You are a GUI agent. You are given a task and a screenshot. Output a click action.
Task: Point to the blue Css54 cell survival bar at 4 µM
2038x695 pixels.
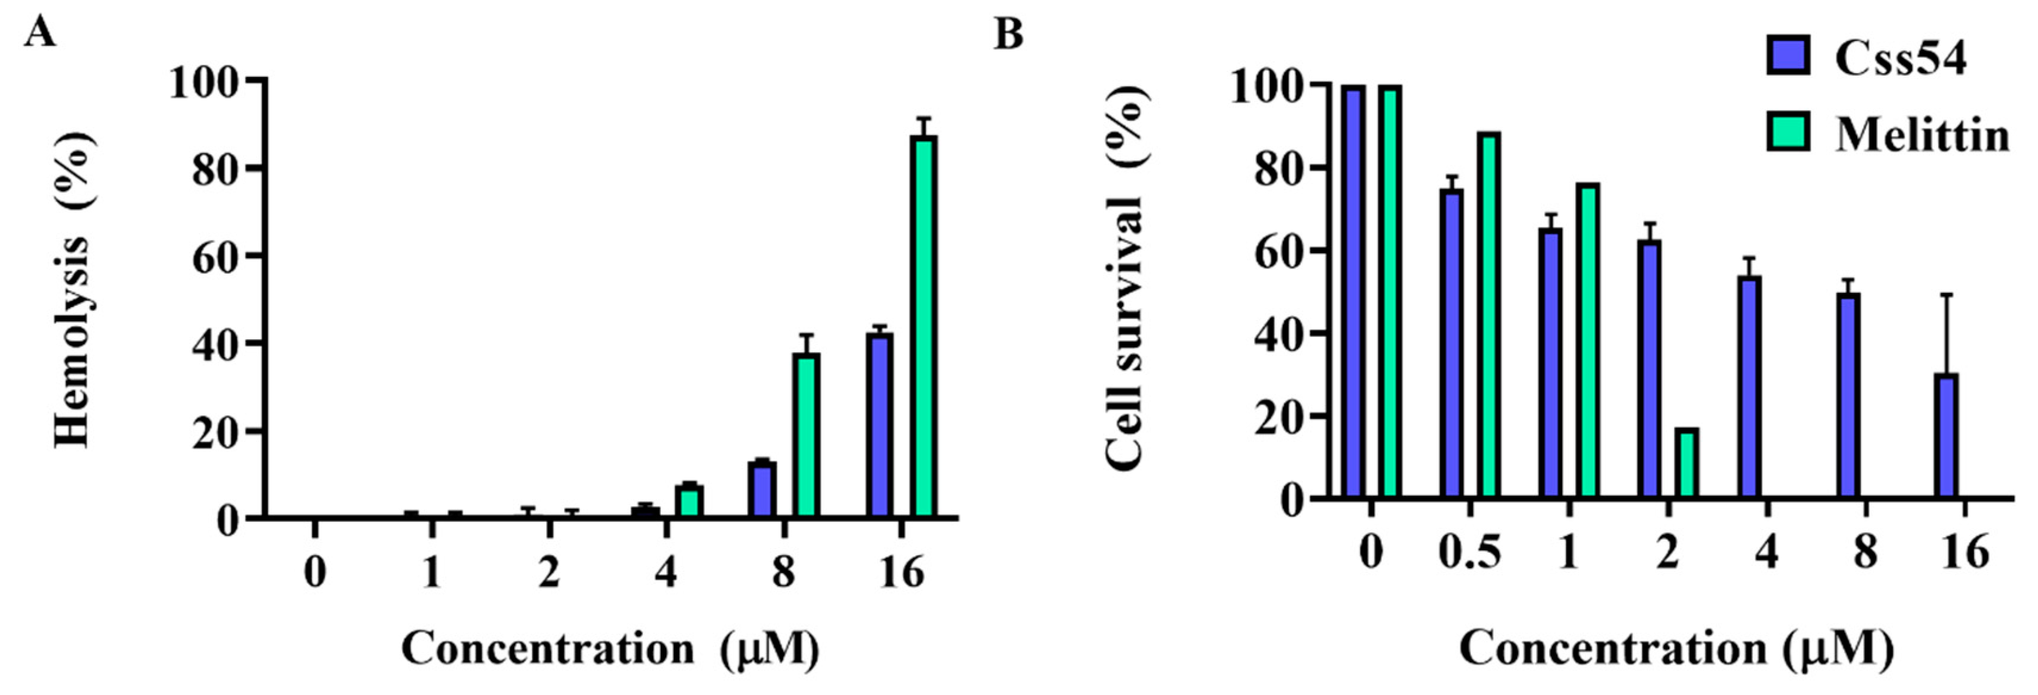pos(1748,387)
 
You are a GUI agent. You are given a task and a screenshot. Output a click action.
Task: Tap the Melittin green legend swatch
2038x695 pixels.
pos(1787,132)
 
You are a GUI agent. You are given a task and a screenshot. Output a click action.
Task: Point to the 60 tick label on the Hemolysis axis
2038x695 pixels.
pos(215,256)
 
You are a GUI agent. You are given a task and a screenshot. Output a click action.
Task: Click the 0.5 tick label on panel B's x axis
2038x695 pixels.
pos(1469,552)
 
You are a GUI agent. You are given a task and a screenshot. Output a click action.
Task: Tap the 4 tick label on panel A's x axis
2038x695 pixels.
pos(666,571)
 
